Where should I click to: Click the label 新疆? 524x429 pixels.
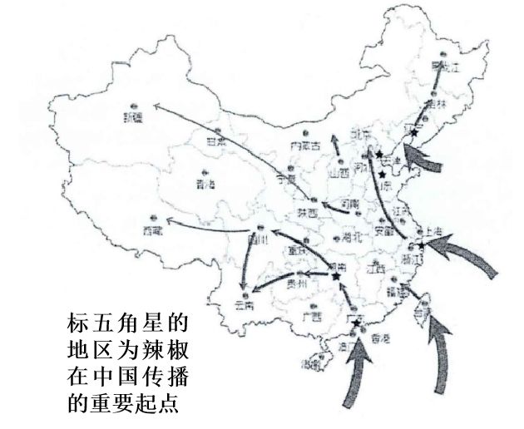(x=132, y=117)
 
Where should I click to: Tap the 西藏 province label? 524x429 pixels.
(x=153, y=229)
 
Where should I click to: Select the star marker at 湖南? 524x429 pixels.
(x=335, y=276)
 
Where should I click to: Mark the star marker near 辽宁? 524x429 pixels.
(x=414, y=132)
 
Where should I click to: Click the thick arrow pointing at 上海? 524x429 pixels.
(x=466, y=254)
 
